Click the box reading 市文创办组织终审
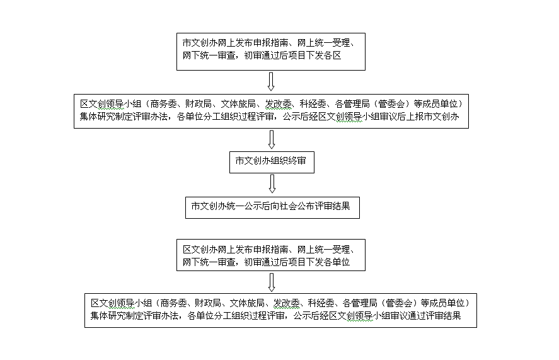272,162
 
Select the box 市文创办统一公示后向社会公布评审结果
272,207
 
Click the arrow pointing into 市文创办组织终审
271,139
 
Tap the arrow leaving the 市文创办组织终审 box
272,184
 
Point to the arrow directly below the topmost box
271,81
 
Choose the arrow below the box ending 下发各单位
271,282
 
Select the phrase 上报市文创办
433,117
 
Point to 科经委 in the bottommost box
321,303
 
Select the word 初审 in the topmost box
253,55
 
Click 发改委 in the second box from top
278,104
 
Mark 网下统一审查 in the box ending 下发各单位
209,262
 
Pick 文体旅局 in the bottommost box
246,303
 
